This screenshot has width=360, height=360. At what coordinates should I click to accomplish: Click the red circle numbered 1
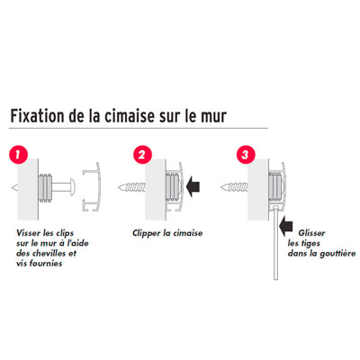click(x=18, y=155)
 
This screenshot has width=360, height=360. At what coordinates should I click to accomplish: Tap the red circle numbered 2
click(x=142, y=155)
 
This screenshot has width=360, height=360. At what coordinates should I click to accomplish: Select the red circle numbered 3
click(x=246, y=155)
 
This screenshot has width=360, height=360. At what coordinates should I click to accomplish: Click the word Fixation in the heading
click(x=37, y=116)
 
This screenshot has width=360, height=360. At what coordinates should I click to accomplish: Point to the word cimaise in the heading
click(x=130, y=116)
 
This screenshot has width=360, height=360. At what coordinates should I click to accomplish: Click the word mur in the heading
click(x=213, y=117)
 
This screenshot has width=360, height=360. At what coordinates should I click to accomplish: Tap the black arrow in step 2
click(x=193, y=186)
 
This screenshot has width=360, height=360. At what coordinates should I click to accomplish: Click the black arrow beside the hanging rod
click(x=285, y=227)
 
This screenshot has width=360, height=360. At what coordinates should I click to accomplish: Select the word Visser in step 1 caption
click(x=27, y=233)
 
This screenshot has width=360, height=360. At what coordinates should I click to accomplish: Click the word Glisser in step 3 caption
click(x=311, y=233)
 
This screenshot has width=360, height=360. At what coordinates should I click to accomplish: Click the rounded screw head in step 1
click(x=72, y=186)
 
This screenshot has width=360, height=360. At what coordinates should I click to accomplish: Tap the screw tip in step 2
click(x=120, y=188)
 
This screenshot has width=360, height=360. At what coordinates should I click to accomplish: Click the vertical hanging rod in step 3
click(x=275, y=245)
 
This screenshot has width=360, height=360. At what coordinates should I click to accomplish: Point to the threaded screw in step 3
click(x=234, y=188)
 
